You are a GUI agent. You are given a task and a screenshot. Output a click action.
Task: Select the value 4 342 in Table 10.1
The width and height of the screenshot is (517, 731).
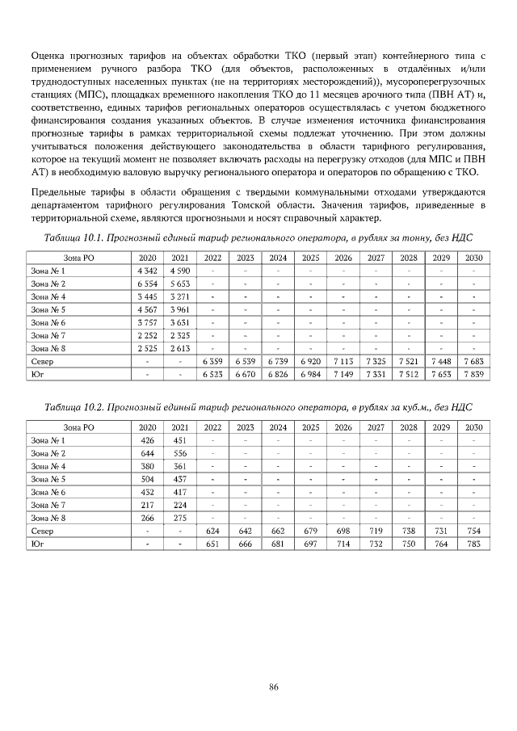click(147, 271)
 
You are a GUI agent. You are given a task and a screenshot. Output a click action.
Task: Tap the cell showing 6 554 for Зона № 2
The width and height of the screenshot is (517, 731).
click(147, 284)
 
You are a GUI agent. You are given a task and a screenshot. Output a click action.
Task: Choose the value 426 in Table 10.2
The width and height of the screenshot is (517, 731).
click(147, 440)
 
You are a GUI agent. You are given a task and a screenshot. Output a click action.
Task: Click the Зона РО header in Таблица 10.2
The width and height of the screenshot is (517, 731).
click(78, 427)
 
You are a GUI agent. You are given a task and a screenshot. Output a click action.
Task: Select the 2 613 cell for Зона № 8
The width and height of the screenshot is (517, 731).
click(180, 348)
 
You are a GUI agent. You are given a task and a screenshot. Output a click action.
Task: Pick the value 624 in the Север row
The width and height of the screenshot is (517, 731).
click(213, 531)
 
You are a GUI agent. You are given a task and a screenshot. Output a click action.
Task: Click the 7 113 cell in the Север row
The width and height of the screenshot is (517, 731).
click(343, 361)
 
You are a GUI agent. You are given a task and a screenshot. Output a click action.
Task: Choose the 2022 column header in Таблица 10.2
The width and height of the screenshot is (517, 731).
click(213, 427)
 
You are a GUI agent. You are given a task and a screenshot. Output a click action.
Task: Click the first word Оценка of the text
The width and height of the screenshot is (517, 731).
click(49, 56)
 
